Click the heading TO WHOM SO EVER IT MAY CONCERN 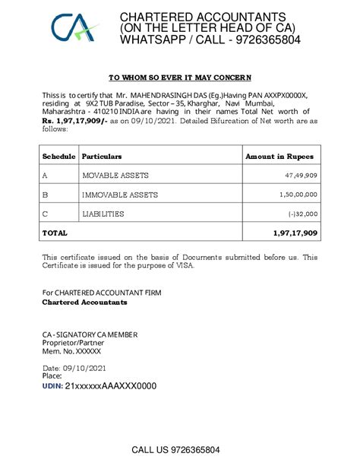[x=180, y=78]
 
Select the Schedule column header [x=58, y=157]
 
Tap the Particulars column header [x=102, y=157]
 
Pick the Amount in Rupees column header [x=279, y=157]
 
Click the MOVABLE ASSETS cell [x=115, y=176]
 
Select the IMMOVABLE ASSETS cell [x=120, y=195]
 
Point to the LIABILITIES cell [x=103, y=214]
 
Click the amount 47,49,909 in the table [x=301, y=176]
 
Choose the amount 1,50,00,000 [x=297, y=195]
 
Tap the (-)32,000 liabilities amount [x=302, y=214]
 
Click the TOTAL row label [x=55, y=233]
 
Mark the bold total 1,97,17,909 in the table [x=294, y=233]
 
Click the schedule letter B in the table [x=45, y=195]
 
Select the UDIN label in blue [x=52, y=386]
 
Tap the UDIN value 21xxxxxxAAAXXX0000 [x=110, y=386]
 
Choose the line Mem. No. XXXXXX [x=71, y=351]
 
